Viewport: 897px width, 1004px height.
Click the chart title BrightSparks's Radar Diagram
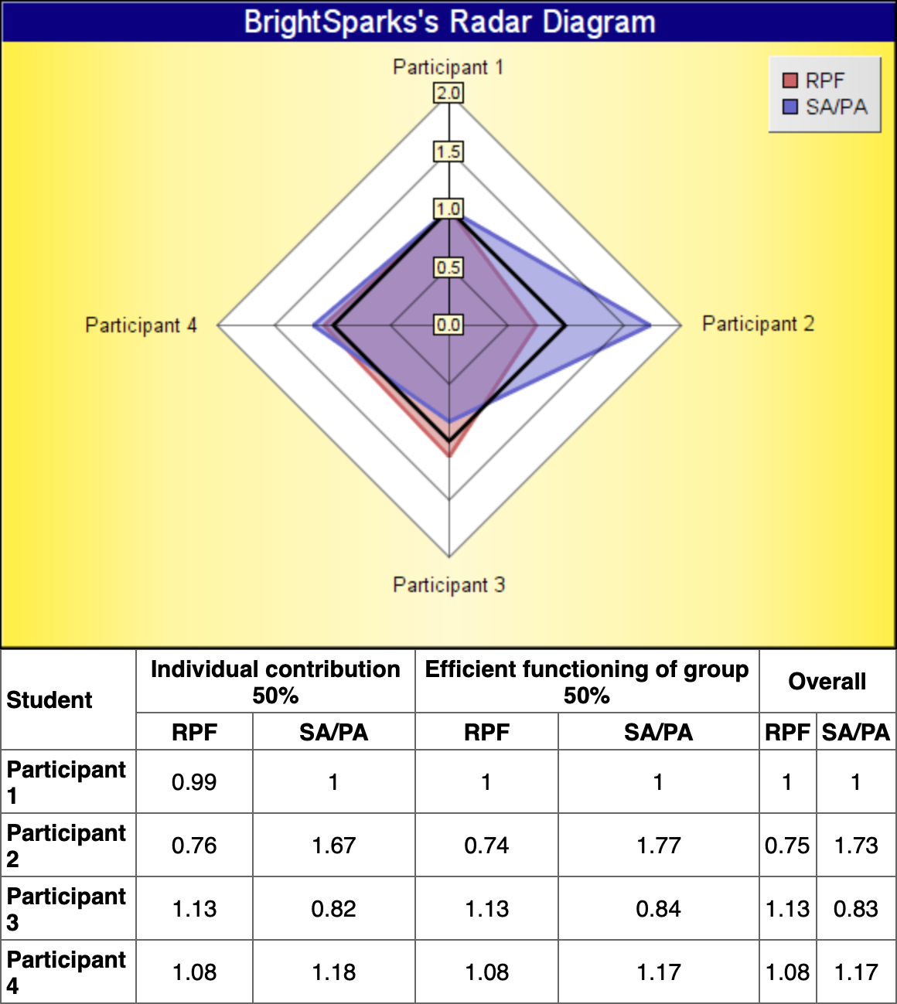(x=449, y=22)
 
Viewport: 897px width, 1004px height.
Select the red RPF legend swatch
(x=790, y=80)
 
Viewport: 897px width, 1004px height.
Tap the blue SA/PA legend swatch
(x=790, y=107)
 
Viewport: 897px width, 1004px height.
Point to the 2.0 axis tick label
(x=448, y=94)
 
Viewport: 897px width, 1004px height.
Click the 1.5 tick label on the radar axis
(x=448, y=151)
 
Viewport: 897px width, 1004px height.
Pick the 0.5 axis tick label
(x=448, y=267)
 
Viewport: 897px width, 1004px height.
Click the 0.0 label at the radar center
(x=448, y=325)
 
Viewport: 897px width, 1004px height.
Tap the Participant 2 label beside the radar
(x=758, y=324)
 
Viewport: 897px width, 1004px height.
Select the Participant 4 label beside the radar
(x=141, y=325)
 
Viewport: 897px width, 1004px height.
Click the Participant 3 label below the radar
(x=448, y=585)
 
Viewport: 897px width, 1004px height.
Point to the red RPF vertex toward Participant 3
(x=449, y=456)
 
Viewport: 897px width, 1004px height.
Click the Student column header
(x=49, y=699)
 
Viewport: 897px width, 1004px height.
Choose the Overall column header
(x=827, y=681)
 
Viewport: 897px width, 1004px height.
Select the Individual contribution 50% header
(x=275, y=681)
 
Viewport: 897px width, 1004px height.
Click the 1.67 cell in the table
(x=333, y=845)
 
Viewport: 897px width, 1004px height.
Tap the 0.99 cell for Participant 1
(x=194, y=781)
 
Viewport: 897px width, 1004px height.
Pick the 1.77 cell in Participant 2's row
(x=658, y=845)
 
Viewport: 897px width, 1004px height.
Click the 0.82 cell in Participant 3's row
(x=333, y=908)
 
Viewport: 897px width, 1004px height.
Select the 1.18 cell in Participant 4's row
(x=333, y=972)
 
